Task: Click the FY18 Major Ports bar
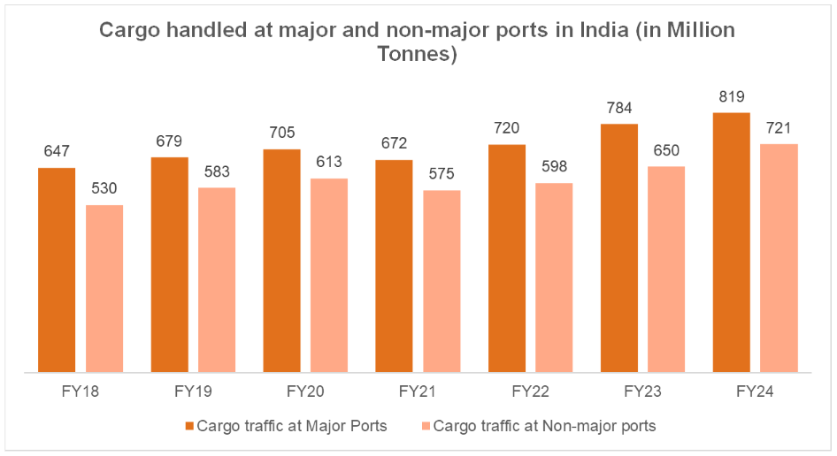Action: pyautogui.click(x=57, y=270)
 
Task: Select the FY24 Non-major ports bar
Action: pyautogui.click(x=779, y=257)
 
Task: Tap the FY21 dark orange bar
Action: pyautogui.click(x=394, y=265)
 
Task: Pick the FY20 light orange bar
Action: pyautogui.click(x=329, y=275)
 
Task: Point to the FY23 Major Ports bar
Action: pyautogui.click(x=619, y=247)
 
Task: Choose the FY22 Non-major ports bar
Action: pyautogui.click(x=554, y=277)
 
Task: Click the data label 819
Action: pyautogui.click(x=731, y=97)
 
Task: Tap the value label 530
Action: pyautogui.click(x=104, y=189)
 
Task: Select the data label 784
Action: pyautogui.click(x=619, y=109)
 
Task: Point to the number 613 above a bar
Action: pyautogui.click(x=329, y=163)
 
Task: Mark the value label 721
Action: pyautogui.click(x=779, y=128)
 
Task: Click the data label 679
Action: pyautogui.click(x=169, y=141)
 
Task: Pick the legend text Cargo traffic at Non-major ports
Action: pyautogui.click(x=544, y=426)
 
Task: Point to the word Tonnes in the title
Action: pyautogui.click(x=418, y=55)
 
